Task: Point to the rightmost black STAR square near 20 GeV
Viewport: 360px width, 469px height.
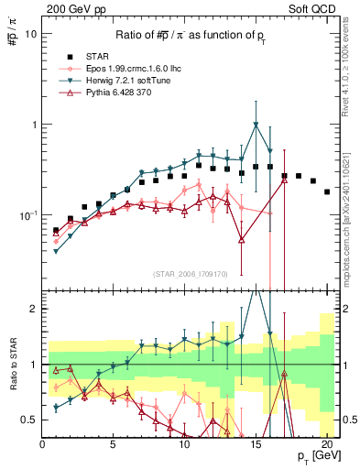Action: (x=327, y=191)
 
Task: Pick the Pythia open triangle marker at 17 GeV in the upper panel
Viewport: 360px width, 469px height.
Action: (x=284, y=180)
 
